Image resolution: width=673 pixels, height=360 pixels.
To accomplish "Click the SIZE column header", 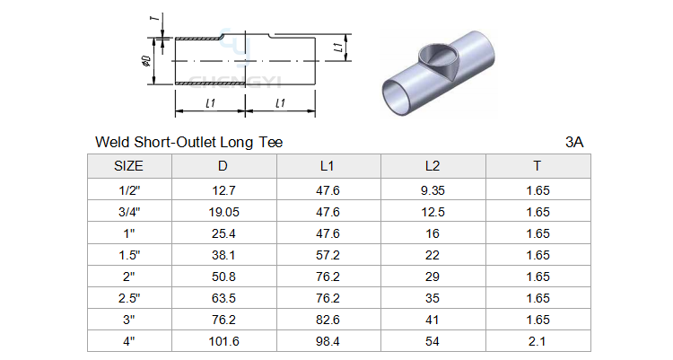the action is (128, 166).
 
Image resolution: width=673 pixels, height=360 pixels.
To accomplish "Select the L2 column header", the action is (433, 166).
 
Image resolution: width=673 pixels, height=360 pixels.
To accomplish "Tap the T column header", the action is (537, 166).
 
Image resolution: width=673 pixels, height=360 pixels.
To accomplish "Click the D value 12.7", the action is (223, 190).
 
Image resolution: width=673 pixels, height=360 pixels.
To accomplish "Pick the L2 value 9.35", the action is (433, 190).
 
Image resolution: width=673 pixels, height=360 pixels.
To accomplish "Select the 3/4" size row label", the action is (129, 212).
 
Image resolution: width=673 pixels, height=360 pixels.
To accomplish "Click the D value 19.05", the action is (223, 212).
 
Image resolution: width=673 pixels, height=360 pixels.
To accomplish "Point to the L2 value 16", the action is (433, 233).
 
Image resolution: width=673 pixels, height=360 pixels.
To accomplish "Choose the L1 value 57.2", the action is (328, 255).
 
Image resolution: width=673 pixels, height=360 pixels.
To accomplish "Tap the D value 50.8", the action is (223, 277).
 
